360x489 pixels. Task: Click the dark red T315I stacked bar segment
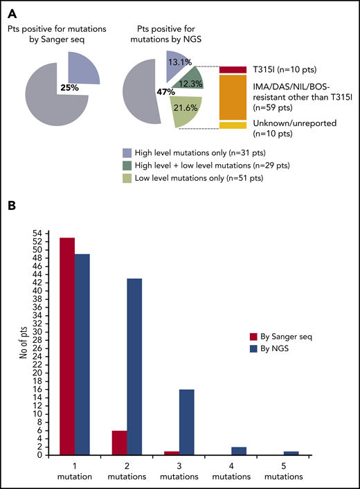[233, 69]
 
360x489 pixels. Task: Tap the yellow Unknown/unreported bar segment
[233, 125]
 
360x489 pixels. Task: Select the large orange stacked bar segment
[233, 97]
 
